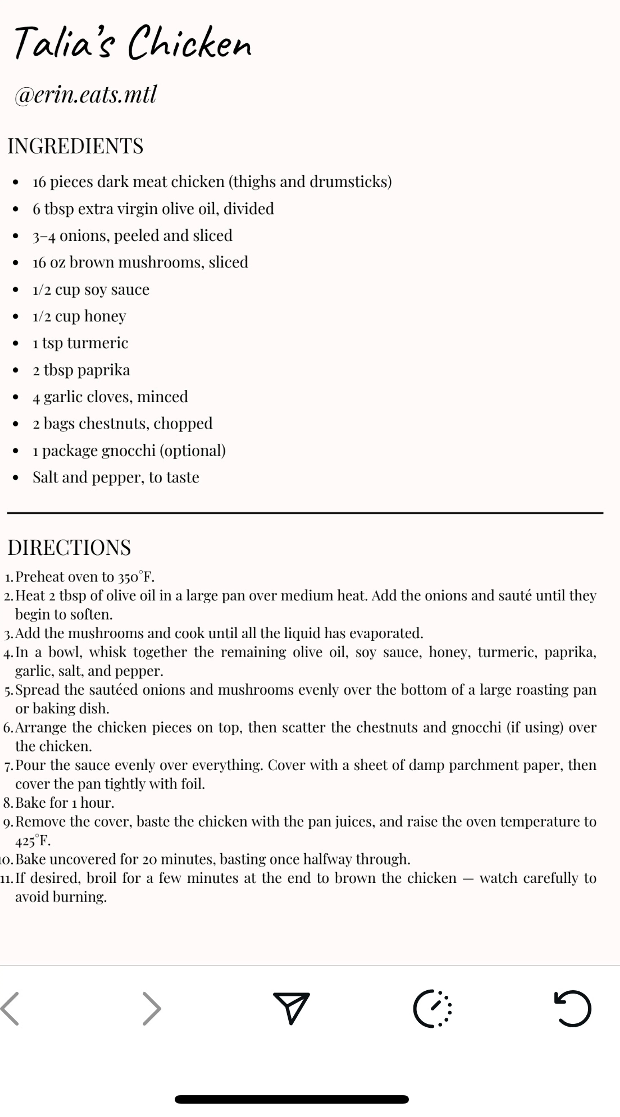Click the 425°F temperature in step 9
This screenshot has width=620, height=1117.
[x=32, y=841]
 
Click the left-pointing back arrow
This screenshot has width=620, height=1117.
[x=10, y=1009]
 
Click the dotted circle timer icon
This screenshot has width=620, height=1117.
[x=432, y=1009]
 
